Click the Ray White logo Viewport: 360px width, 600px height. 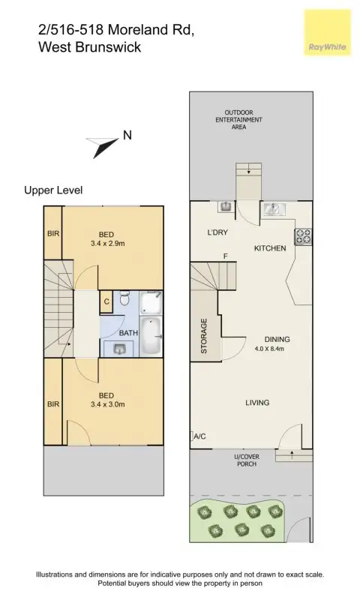pos(326,34)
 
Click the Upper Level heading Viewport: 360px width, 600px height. pos(53,190)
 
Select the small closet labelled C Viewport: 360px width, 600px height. pos(106,301)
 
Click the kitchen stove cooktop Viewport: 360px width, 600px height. pos(303,237)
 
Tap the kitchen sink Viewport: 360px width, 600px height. pos(274,209)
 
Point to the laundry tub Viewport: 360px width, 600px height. pos(224,207)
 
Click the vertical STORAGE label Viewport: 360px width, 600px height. pos(204,335)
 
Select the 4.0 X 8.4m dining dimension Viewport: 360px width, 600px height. pos(272,349)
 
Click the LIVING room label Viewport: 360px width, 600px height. pos(257,403)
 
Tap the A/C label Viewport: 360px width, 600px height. pos(200,436)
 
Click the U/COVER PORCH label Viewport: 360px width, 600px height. pos(247,460)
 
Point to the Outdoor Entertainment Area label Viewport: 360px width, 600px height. pos(238,119)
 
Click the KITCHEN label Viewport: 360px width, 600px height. pos(270,247)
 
